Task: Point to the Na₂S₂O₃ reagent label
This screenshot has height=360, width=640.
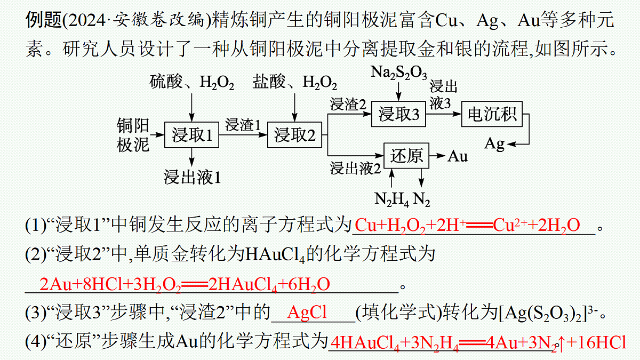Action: [399, 73]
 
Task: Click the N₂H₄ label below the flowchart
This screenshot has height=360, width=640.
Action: [391, 199]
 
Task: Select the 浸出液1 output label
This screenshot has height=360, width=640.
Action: [192, 177]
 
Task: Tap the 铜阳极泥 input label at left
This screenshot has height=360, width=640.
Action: [133, 135]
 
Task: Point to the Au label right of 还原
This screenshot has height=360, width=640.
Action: [458, 156]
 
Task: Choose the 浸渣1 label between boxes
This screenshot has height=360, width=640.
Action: [243, 125]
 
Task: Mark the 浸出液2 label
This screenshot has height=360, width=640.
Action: [355, 168]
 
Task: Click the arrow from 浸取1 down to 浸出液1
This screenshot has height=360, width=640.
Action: [191, 157]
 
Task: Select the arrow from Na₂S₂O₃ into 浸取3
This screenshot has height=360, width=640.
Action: [398, 91]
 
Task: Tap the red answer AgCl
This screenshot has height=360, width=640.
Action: [307, 312]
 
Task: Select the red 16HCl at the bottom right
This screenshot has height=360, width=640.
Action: [602, 342]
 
